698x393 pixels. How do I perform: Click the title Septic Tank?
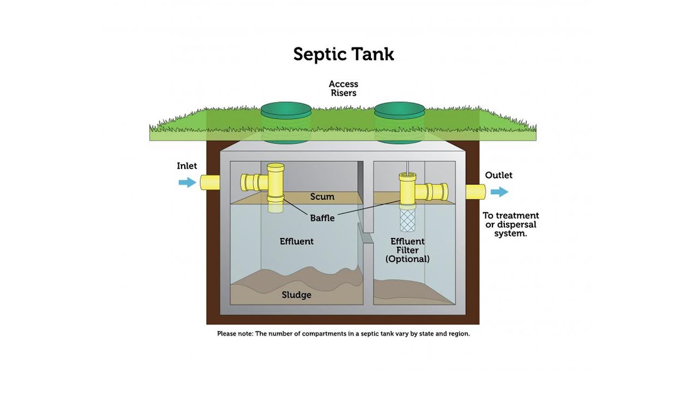pyautogui.click(x=344, y=55)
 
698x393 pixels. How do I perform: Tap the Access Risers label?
pyautogui.click(x=344, y=88)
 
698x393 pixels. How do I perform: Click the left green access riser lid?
pyautogui.click(x=286, y=111)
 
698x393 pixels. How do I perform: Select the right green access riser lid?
pyautogui.click(x=399, y=111)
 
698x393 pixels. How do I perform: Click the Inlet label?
pyautogui.click(x=187, y=166)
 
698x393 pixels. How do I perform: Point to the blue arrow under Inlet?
pyautogui.click(x=187, y=182)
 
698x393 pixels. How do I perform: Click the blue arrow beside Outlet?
pyautogui.click(x=499, y=192)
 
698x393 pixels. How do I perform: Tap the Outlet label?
pyautogui.click(x=498, y=175)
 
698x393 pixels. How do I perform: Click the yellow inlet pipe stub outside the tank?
pyautogui.click(x=210, y=182)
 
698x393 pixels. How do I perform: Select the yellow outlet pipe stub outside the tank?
pyautogui.click(x=476, y=192)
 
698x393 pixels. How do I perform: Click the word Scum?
pyautogui.click(x=322, y=196)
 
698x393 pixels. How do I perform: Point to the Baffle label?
pyautogui.click(x=322, y=218)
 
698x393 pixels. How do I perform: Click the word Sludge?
pyautogui.click(x=297, y=295)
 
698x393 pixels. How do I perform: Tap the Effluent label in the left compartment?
pyautogui.click(x=297, y=241)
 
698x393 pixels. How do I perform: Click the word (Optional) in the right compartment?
pyautogui.click(x=407, y=259)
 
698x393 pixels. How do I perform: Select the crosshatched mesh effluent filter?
pyautogui.click(x=408, y=221)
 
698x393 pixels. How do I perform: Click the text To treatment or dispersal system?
pyautogui.click(x=511, y=224)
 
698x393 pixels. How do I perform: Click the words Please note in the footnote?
pyautogui.click(x=234, y=334)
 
